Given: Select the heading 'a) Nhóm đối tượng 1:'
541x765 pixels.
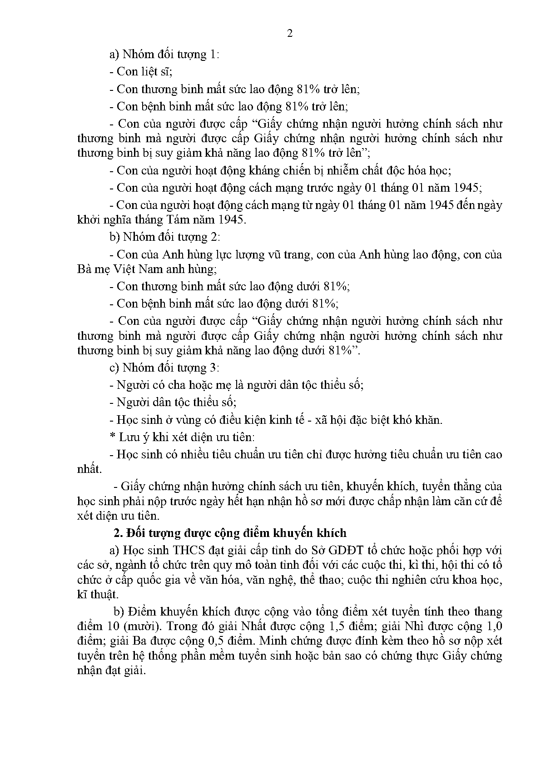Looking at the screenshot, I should [x=164, y=55].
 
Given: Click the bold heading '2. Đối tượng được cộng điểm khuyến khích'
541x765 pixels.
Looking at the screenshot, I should [x=230, y=532].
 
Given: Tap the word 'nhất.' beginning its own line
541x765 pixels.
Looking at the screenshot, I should [x=89, y=469].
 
